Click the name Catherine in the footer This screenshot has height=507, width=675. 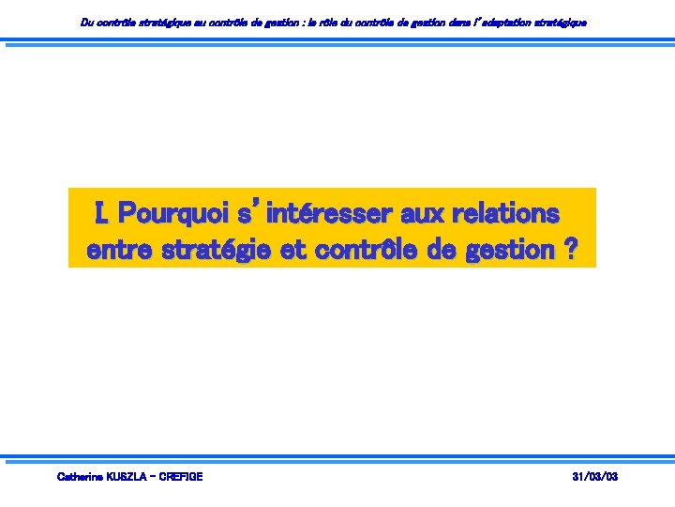82,477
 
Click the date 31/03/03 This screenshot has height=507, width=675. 595,477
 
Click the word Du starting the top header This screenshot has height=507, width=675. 87,23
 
